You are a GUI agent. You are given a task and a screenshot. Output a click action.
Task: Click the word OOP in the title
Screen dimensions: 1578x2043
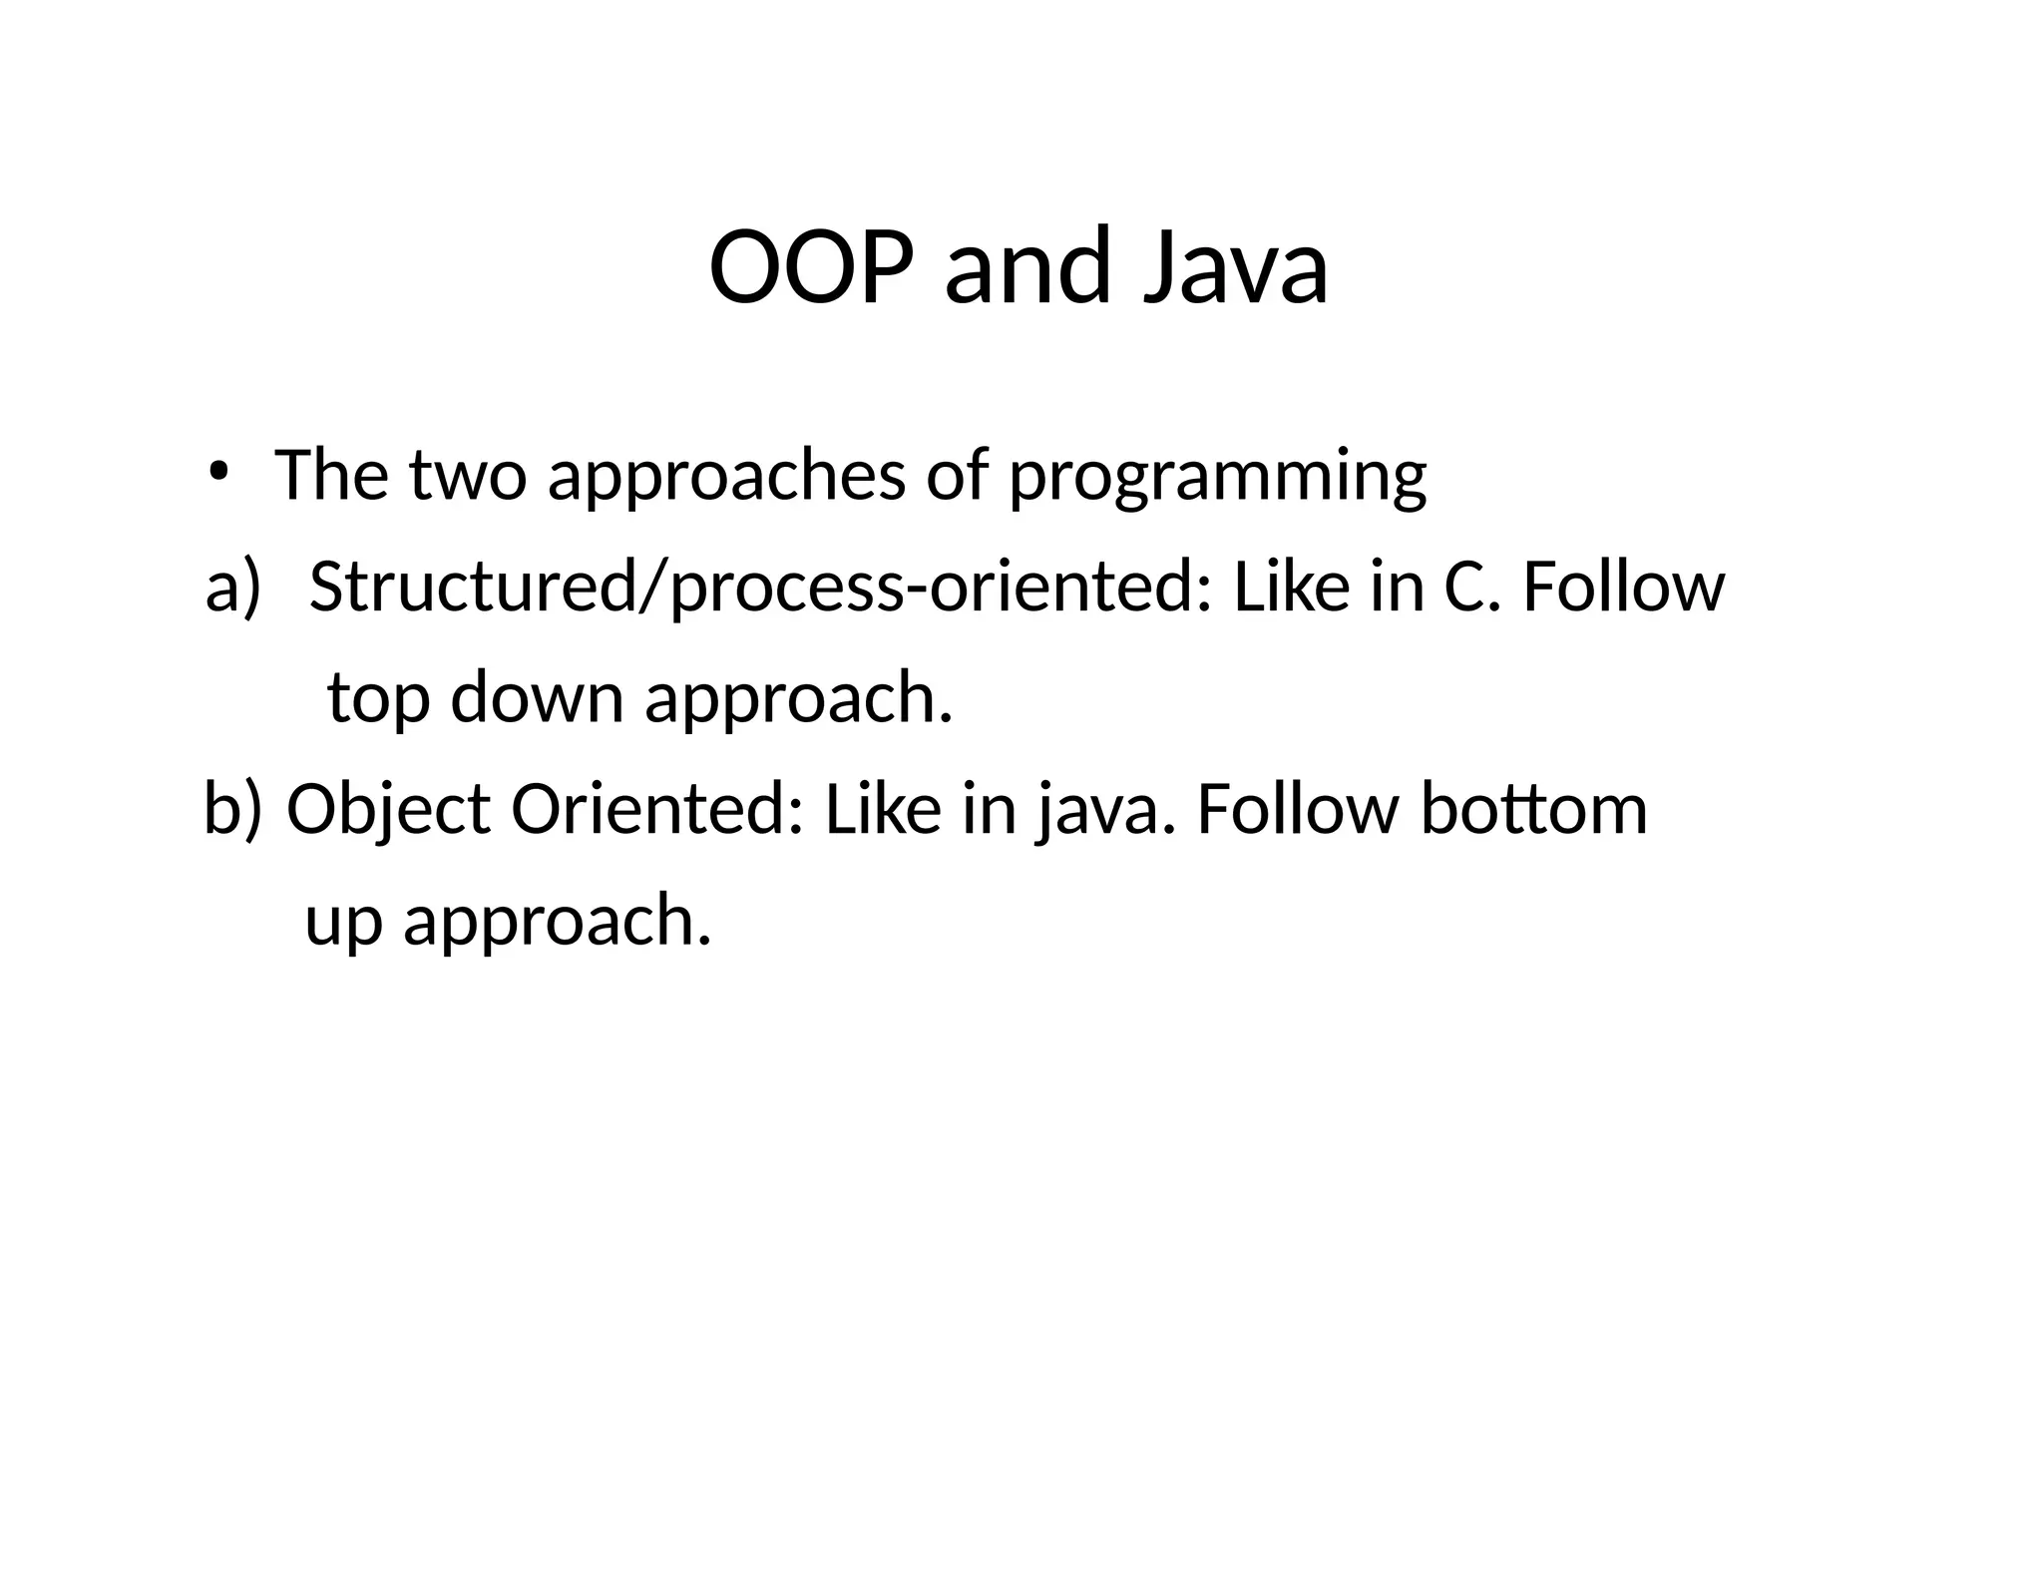810,267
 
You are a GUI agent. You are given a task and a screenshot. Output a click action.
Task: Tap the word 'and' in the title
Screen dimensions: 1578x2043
1027,267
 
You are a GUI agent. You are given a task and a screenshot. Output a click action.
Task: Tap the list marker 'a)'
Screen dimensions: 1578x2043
231,587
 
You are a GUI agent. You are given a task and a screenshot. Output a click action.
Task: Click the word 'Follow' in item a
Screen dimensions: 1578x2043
1623,587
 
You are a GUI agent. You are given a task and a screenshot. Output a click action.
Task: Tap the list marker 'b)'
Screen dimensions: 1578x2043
232,809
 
